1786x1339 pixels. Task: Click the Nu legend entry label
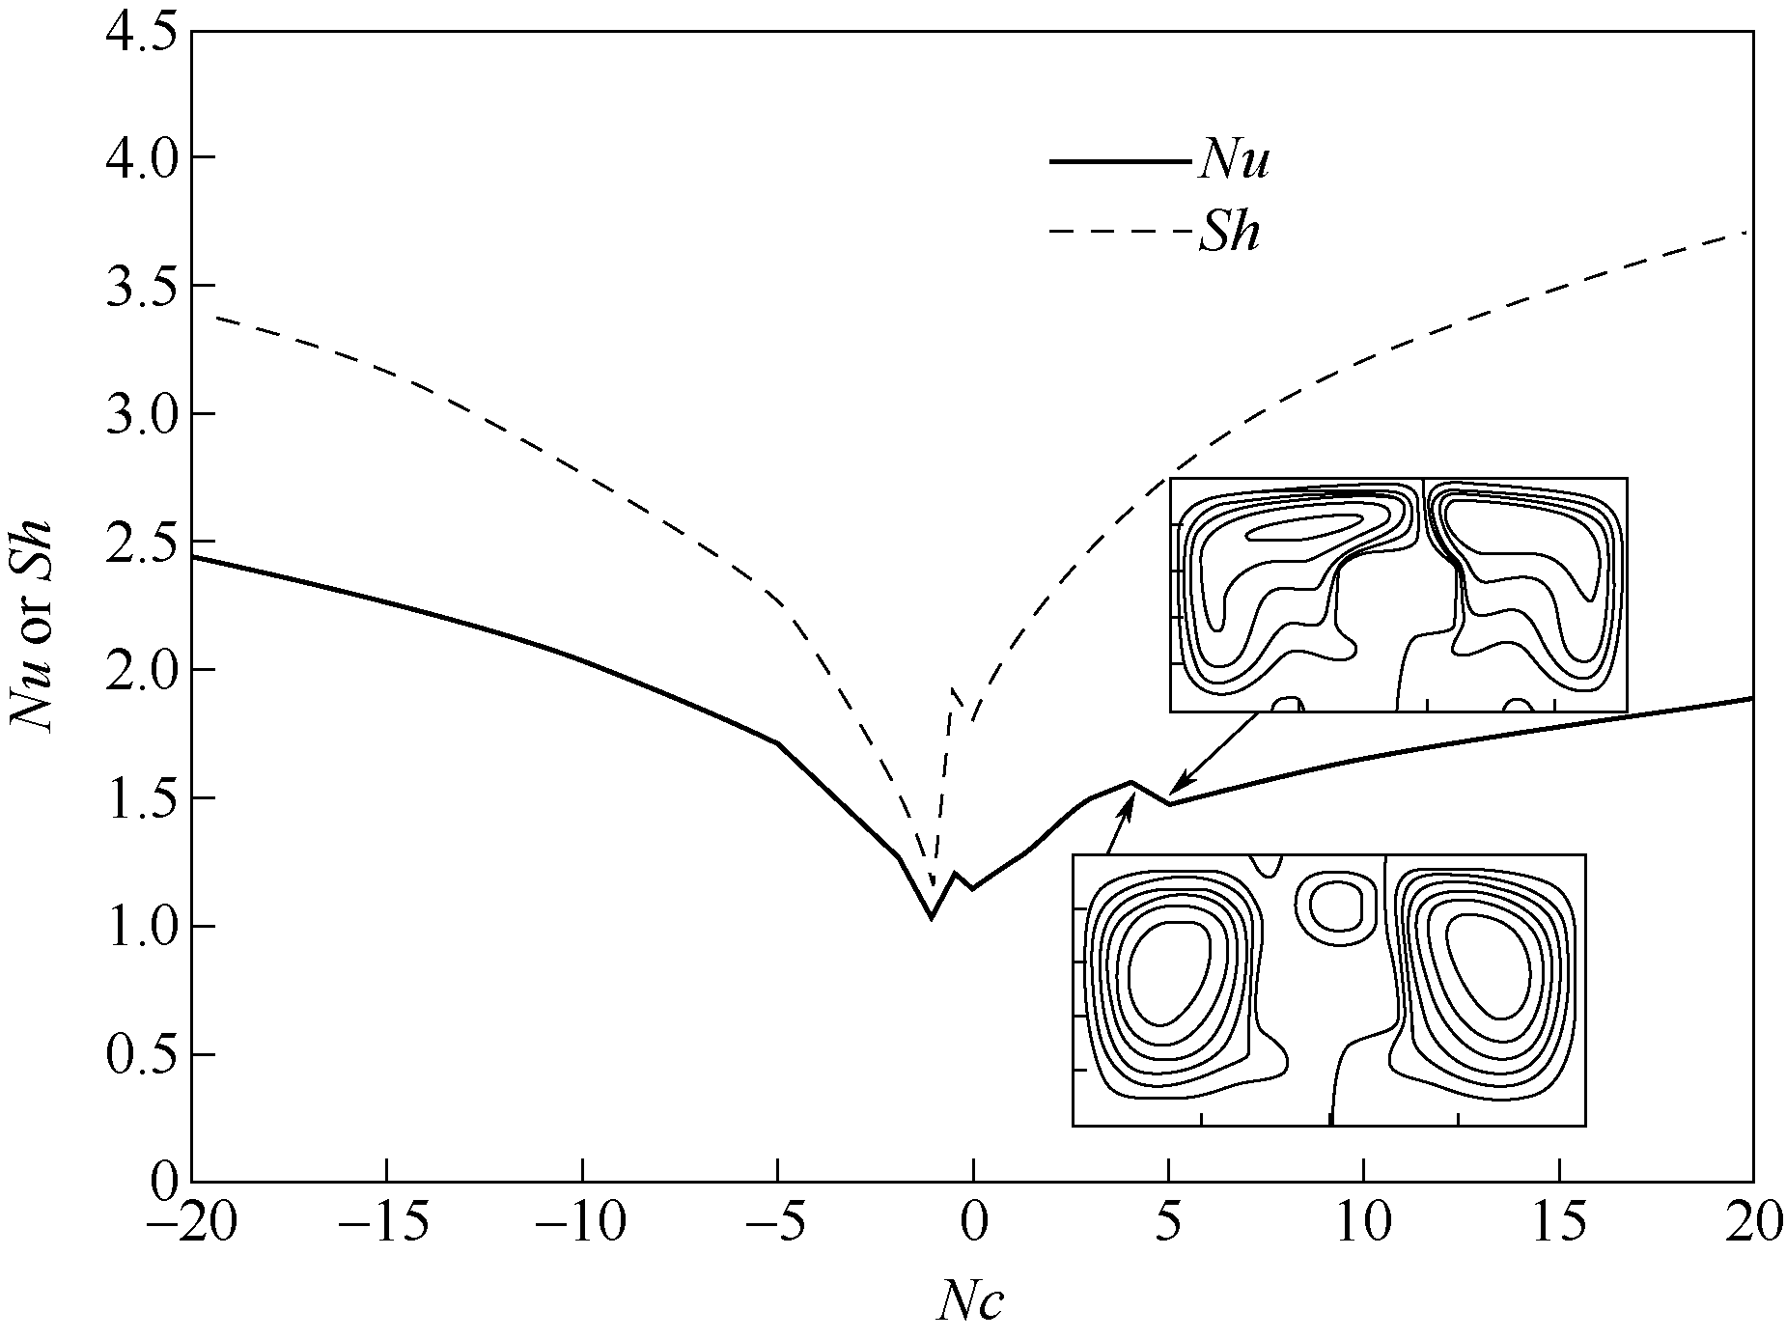[1233, 160]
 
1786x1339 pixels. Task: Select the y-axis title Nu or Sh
[31, 628]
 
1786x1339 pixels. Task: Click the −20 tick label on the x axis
[190, 1224]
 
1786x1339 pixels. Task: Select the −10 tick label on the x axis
[582, 1224]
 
